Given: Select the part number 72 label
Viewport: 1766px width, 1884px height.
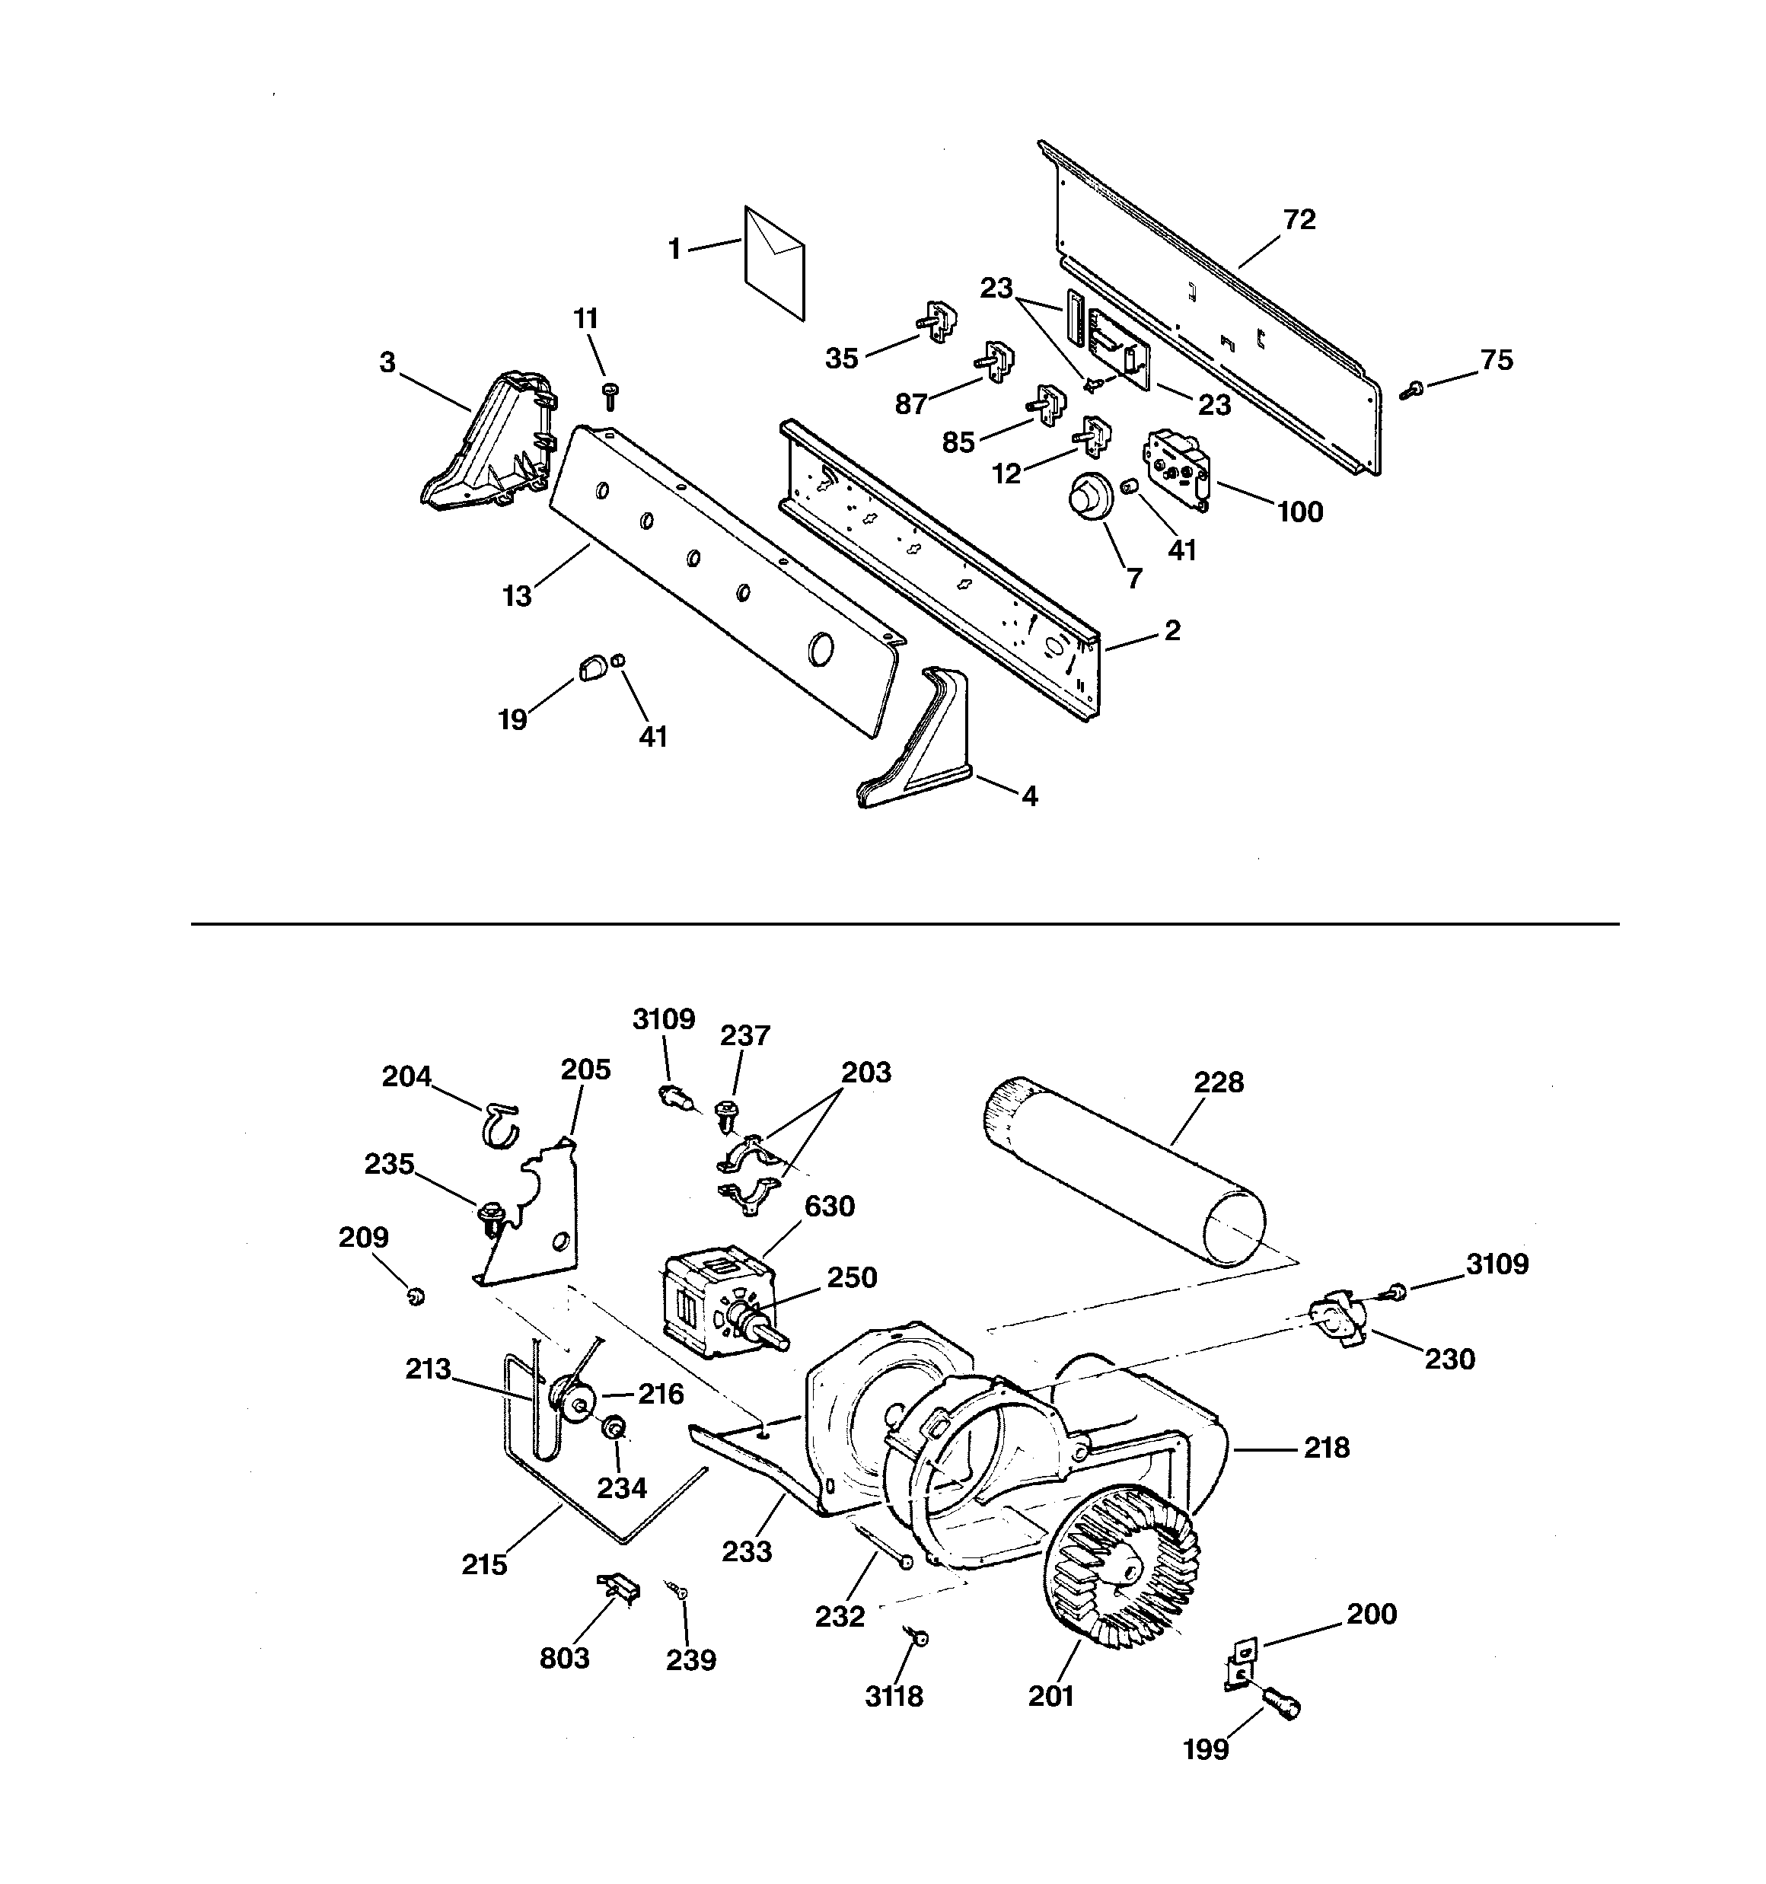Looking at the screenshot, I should click(x=1299, y=220).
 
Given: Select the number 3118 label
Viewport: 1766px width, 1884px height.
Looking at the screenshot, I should click(x=893, y=1695).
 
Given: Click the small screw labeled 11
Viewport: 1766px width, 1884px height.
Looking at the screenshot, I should click(x=610, y=394).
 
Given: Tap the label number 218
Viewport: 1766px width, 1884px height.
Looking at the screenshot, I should click(x=1325, y=1447).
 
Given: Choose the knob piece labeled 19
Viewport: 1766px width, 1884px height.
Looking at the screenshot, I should click(x=591, y=668).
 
